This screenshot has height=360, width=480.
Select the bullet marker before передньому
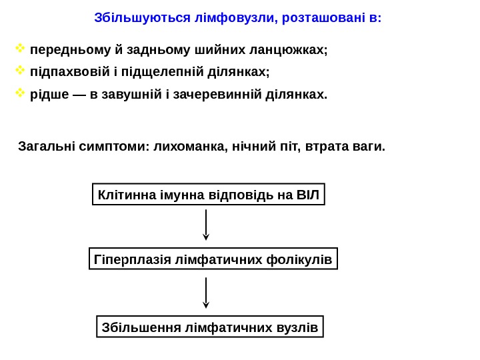point(20,49)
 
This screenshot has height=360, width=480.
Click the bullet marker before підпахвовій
point(20,70)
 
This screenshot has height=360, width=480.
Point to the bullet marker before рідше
point(20,93)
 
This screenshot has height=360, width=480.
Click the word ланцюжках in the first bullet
point(291,50)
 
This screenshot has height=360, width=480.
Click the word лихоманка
point(191,146)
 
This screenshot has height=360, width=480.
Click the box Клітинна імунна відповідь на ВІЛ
point(208,195)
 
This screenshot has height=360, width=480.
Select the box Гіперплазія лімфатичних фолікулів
point(213,259)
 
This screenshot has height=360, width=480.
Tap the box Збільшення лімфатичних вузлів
point(210,327)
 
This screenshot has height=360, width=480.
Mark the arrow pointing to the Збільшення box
point(206,293)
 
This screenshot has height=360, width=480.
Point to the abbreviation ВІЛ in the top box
point(307,195)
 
